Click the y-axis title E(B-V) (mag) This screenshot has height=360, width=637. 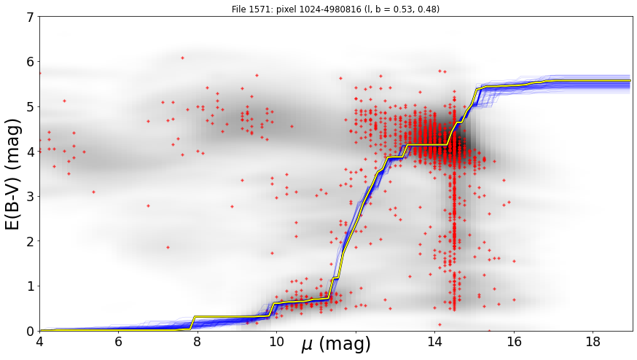(x=13, y=174)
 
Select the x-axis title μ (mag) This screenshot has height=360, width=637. (x=336, y=345)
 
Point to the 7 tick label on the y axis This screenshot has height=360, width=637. (x=31, y=17)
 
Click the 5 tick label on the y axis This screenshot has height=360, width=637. (x=31, y=106)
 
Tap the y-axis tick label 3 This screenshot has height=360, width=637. (x=31, y=196)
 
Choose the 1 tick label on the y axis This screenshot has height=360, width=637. (x=31, y=286)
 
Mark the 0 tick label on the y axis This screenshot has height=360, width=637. (x=31, y=331)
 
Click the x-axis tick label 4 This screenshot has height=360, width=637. (x=39, y=342)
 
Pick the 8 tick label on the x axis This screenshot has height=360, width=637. (x=198, y=342)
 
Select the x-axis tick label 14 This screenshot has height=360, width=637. (x=434, y=342)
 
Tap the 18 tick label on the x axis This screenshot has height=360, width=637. (x=593, y=342)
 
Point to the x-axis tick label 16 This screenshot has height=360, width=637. (x=514, y=342)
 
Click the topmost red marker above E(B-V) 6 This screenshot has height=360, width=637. (x=182, y=58)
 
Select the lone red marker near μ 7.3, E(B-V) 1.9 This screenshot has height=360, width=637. (x=168, y=247)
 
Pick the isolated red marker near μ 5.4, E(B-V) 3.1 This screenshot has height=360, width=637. (x=94, y=192)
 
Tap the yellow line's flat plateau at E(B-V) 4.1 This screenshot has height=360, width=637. (x=427, y=144)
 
